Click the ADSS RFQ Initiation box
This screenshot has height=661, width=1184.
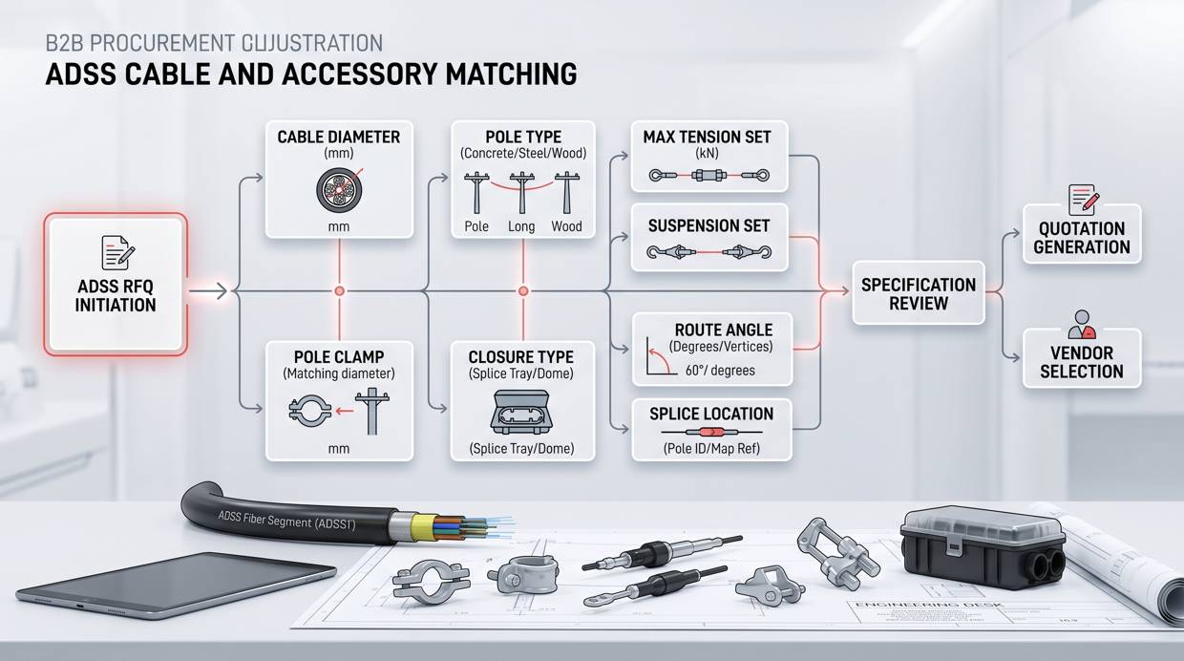click(116, 284)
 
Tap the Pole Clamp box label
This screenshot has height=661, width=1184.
click(338, 355)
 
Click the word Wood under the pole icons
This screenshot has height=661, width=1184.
click(566, 226)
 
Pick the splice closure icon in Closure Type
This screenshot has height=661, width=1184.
click(521, 413)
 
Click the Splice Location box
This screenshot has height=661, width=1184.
click(711, 429)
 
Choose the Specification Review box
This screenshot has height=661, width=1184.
click(918, 293)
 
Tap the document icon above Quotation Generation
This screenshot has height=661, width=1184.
click(1082, 199)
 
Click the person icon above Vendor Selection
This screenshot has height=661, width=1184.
click(1081, 324)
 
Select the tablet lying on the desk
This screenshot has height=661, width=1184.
click(177, 583)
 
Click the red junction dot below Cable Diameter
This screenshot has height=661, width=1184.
click(339, 290)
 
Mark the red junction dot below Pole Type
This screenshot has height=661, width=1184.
click(522, 290)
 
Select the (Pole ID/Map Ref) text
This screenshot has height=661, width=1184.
click(711, 447)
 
